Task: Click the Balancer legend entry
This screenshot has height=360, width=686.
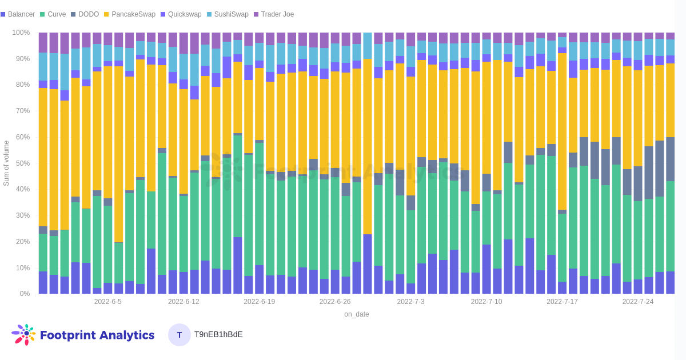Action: click(21, 14)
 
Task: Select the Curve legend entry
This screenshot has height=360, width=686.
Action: click(56, 14)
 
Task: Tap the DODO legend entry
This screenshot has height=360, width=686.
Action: click(88, 14)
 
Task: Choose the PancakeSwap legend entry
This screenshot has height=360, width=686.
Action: click(133, 14)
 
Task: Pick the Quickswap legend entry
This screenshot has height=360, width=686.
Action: click(185, 14)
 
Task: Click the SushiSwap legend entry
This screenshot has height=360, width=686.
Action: click(231, 14)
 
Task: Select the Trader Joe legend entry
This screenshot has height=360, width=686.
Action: click(277, 14)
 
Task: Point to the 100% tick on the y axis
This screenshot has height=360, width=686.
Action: click(21, 33)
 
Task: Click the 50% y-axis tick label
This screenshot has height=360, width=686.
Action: click(23, 163)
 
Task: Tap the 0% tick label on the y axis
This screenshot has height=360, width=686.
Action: click(25, 294)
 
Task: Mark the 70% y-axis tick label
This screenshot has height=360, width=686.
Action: click(23, 111)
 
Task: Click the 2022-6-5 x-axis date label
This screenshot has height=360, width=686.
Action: click(108, 302)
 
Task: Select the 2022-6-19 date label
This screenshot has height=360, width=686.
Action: click(259, 302)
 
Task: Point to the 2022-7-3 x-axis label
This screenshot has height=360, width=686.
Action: click(411, 302)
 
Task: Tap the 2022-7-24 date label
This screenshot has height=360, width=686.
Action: click(638, 302)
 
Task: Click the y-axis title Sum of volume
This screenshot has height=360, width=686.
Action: click(6, 163)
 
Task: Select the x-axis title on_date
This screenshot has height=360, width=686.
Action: click(356, 314)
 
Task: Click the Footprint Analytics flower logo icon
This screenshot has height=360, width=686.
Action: click(23, 335)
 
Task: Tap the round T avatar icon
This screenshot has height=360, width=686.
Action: click(180, 335)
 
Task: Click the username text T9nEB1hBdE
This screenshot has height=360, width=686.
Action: click(218, 334)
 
